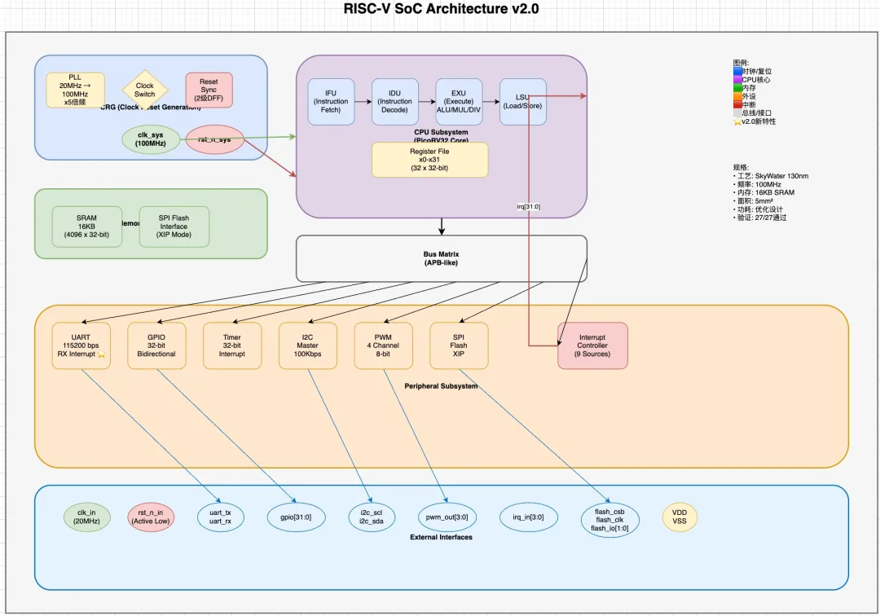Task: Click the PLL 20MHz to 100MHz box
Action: click(x=76, y=90)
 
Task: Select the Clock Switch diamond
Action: click(x=144, y=90)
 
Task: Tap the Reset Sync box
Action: click(x=209, y=90)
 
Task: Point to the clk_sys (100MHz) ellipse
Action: click(x=152, y=139)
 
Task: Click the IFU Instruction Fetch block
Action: click(x=331, y=102)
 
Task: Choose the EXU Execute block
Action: click(x=459, y=102)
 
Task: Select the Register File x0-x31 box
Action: click(x=429, y=160)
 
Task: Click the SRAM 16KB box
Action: click(x=86, y=227)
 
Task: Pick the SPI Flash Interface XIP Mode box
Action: click(x=174, y=227)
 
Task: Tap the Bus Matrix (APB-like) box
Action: click(x=441, y=258)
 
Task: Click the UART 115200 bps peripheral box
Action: click(x=80, y=345)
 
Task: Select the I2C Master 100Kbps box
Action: click(x=307, y=345)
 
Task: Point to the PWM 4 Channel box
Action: click(x=383, y=345)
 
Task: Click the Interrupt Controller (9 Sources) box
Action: click(x=592, y=345)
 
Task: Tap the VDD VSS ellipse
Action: click(x=680, y=517)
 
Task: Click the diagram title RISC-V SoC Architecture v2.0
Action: click(x=441, y=10)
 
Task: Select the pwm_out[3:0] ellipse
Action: click(x=447, y=517)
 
